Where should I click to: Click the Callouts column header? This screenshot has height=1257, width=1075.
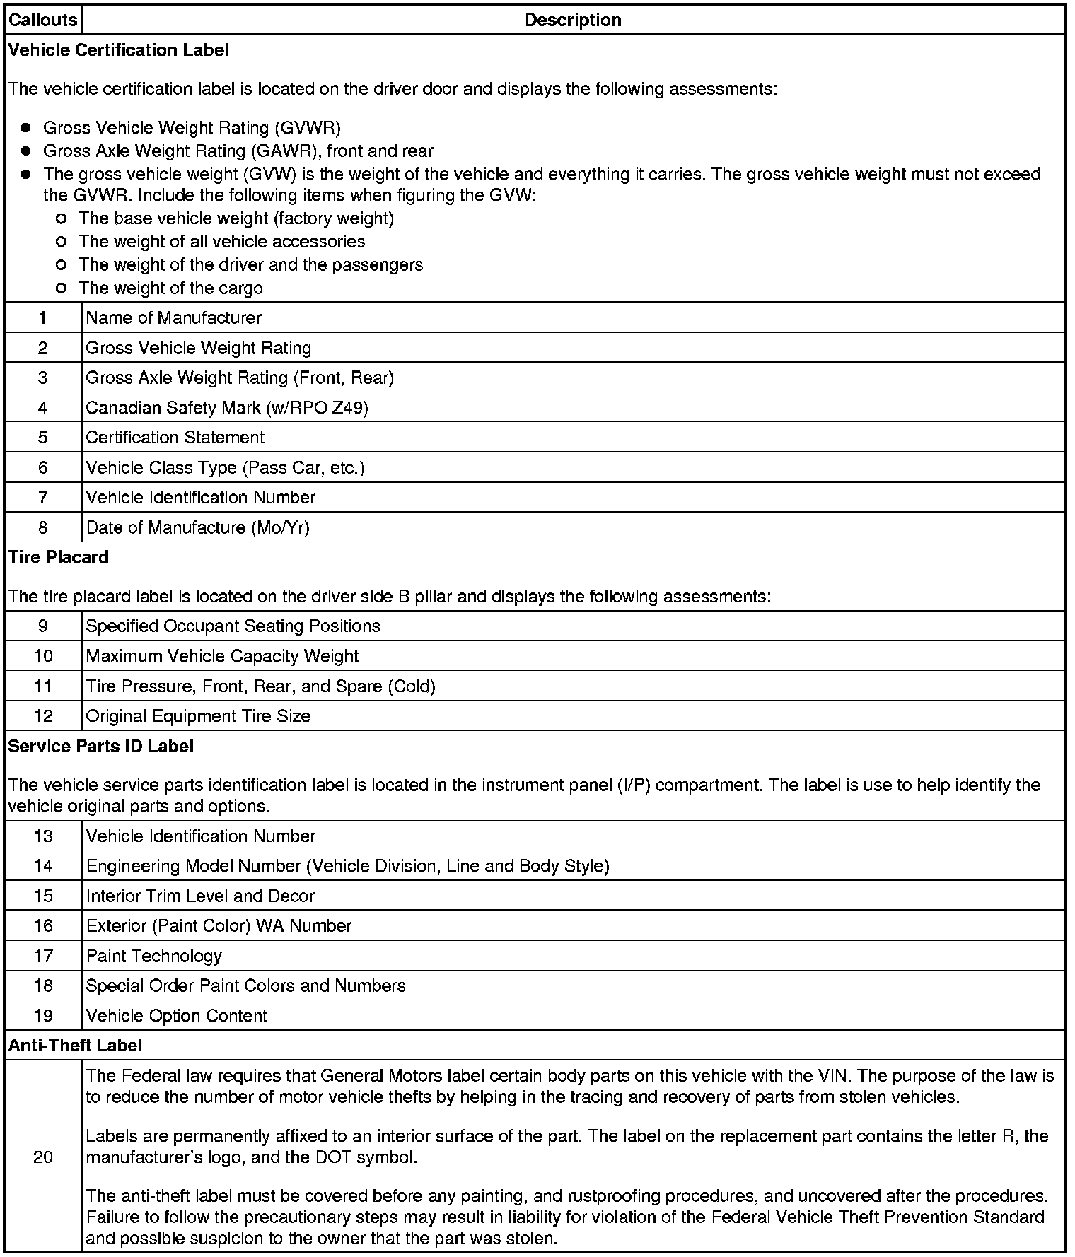[x=42, y=20]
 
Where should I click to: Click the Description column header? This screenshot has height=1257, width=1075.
[x=573, y=20]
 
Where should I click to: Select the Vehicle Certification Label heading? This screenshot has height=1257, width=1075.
[x=119, y=50]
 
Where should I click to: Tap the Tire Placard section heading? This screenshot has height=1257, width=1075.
[x=59, y=557]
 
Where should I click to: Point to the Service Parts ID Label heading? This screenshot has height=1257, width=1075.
[x=100, y=746]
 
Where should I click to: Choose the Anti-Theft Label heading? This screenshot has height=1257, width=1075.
[x=75, y=1045]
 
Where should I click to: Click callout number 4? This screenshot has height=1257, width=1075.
[x=43, y=407]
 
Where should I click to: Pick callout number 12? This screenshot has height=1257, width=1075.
[x=43, y=715]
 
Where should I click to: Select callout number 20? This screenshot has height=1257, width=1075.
[x=43, y=1157]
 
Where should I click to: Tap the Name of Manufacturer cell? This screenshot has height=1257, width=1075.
[x=174, y=318]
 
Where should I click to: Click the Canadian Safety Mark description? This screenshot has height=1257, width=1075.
[x=227, y=408]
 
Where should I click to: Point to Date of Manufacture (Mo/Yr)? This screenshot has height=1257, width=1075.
[x=197, y=527]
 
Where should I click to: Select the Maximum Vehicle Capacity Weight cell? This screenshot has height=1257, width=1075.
[x=222, y=656]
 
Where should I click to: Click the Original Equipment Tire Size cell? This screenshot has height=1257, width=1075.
[x=198, y=716]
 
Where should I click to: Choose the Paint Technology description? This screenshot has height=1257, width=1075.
[x=154, y=956]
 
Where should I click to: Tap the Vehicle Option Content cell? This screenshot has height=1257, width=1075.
[x=177, y=1016]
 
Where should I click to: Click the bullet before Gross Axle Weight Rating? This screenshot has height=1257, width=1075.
[x=26, y=151]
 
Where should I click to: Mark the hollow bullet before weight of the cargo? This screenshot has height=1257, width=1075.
[x=61, y=288]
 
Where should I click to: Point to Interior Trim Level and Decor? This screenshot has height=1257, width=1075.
[x=200, y=896]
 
